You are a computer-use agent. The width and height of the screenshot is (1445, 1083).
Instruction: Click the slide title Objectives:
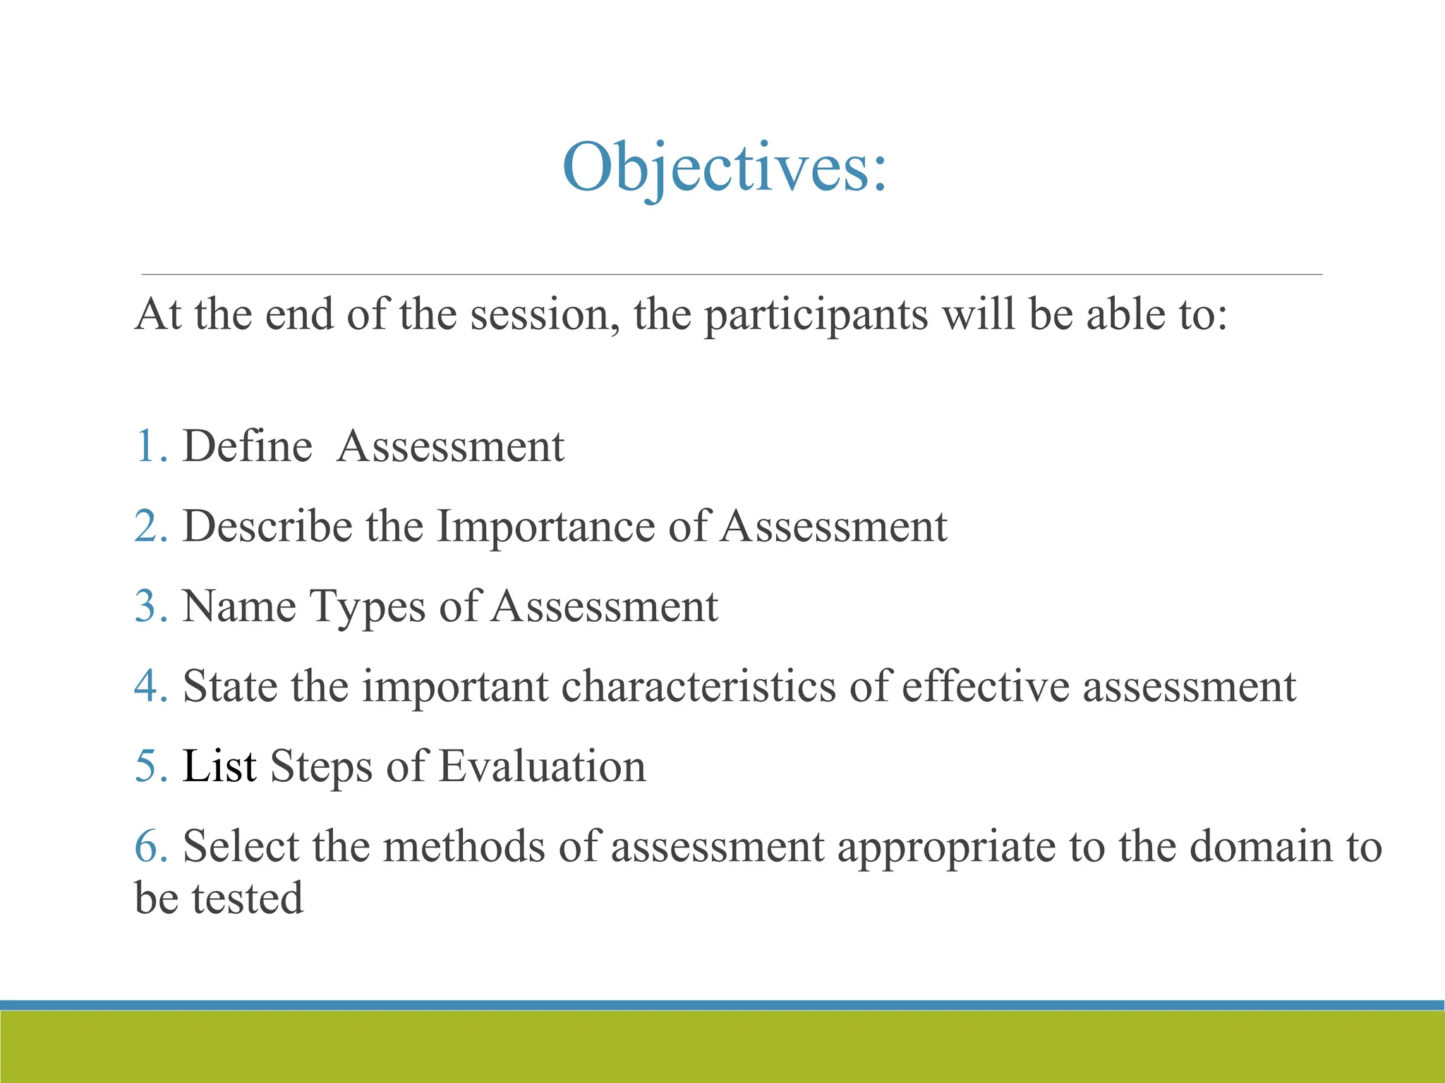pyautogui.click(x=724, y=168)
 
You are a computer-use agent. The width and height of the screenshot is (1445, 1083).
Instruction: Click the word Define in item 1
pyautogui.click(x=247, y=446)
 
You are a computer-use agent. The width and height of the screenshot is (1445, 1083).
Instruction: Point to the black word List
pyautogui.click(x=219, y=766)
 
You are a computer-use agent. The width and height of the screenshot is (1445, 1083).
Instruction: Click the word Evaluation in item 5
pyautogui.click(x=542, y=766)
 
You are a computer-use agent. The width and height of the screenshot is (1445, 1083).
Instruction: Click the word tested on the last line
pyautogui.click(x=247, y=898)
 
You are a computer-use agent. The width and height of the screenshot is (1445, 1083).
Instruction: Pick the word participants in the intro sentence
pyautogui.click(x=816, y=315)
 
